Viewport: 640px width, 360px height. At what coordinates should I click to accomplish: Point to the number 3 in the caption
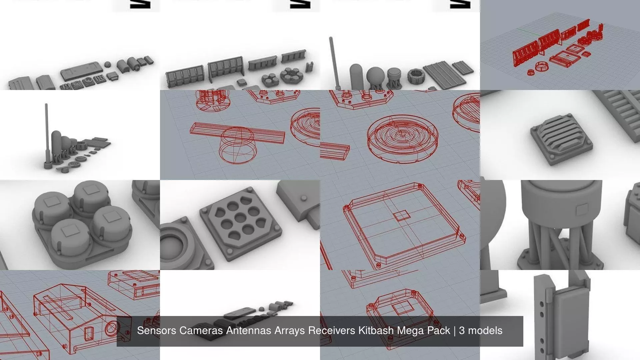(462, 331)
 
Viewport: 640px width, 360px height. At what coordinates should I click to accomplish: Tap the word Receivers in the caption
(331, 331)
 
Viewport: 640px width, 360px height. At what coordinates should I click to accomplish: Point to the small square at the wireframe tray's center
(402, 216)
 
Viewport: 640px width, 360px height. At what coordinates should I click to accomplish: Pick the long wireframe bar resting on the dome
(237, 132)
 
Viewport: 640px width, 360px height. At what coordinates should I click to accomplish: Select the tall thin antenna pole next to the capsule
(332, 62)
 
